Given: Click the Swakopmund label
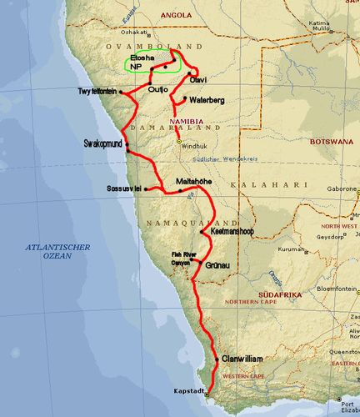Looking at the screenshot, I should [103, 143].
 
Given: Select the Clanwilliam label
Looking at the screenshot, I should [242, 358].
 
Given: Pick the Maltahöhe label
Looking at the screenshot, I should [197, 181].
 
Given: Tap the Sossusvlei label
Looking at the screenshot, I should [125, 189].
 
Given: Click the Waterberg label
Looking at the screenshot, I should [206, 100].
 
